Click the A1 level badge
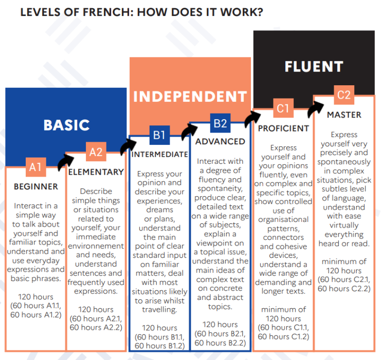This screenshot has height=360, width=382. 36,167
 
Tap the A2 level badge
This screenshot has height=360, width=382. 96,151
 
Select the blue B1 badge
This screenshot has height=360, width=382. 159,135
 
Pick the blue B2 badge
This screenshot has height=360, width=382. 220,123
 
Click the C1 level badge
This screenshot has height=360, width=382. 283,108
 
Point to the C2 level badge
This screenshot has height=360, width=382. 344,95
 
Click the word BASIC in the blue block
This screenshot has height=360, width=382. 66,125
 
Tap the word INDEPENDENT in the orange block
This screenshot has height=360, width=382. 190,97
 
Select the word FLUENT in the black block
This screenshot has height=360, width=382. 314,67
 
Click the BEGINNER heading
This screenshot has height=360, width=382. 36,187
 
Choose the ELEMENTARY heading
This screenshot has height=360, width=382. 96,172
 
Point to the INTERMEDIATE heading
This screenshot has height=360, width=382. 159,154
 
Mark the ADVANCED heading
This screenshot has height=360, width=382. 220,141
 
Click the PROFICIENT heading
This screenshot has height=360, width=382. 283,128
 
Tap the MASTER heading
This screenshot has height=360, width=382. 344,115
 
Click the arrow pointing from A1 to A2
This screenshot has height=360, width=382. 64,161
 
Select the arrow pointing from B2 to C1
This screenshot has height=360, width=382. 251,118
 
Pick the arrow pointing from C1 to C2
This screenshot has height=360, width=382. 314,108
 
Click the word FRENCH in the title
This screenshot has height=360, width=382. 108,12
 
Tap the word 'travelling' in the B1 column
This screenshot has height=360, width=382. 159,310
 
